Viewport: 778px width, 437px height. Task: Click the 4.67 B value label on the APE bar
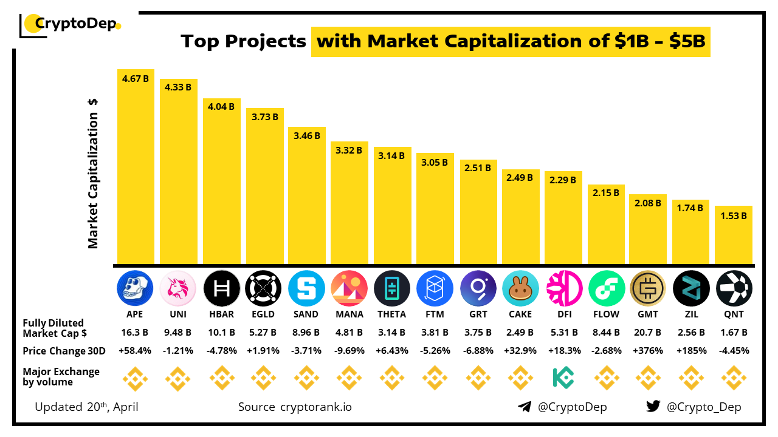(135, 79)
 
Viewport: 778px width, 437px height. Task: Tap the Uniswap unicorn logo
(177, 288)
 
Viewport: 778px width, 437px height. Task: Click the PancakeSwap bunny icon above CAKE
(520, 288)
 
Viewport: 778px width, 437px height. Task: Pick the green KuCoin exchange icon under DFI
(563, 378)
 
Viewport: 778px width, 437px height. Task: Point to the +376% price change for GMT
(649, 351)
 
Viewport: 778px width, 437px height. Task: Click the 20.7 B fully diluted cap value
(649, 333)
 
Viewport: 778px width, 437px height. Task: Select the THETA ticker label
(392, 314)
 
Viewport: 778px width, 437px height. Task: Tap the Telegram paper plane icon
(525, 407)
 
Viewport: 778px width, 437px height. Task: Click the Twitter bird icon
(653, 407)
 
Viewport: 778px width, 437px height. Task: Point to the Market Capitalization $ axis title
(93, 173)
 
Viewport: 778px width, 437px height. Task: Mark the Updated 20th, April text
(86, 407)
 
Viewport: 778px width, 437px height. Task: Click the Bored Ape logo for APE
(135, 288)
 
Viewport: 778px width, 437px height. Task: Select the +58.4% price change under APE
(135, 351)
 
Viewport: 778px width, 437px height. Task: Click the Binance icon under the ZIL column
(691, 378)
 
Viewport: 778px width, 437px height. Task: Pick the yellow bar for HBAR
(221, 182)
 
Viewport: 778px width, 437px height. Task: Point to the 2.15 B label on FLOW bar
(606, 193)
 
